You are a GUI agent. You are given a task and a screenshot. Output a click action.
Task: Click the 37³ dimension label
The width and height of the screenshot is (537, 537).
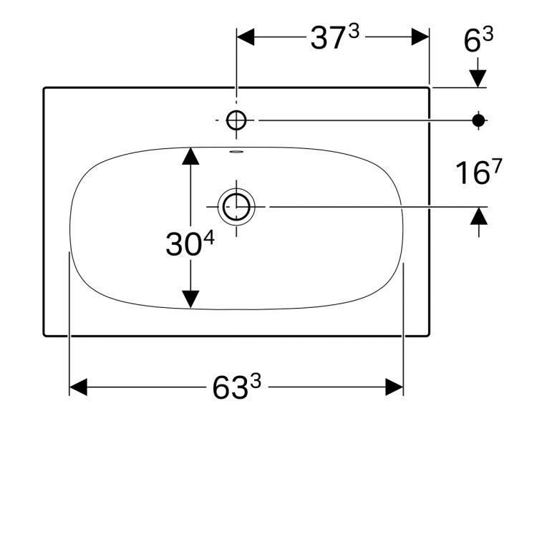point(333,38)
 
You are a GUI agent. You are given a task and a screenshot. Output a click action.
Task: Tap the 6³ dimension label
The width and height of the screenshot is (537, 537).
point(478,41)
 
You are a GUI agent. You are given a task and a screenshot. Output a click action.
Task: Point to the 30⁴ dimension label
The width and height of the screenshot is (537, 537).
point(189,244)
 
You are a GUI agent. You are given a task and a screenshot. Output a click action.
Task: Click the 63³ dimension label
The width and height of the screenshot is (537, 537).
point(236,388)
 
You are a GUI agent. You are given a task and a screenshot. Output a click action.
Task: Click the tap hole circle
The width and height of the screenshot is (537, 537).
point(236,120)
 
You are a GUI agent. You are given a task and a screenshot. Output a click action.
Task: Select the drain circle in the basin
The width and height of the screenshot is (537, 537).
point(236,207)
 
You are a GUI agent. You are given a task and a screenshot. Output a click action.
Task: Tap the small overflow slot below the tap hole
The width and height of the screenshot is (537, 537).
point(236,152)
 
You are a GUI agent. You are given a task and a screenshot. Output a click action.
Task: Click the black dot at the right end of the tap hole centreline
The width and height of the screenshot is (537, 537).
point(478,120)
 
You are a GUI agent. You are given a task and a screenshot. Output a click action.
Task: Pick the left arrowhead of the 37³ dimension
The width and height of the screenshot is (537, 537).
point(246,37)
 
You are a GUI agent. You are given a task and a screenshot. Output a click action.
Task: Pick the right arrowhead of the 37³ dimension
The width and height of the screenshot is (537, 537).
point(420,37)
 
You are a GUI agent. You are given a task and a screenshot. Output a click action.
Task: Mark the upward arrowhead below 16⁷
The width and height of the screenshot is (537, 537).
point(478,216)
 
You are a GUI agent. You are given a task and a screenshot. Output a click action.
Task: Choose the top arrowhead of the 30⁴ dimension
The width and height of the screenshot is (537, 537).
point(190,156)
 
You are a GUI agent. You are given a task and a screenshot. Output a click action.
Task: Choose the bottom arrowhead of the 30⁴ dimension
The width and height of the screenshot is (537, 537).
point(190,299)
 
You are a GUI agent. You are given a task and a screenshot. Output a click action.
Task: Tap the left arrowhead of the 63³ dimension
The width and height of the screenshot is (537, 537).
point(78,387)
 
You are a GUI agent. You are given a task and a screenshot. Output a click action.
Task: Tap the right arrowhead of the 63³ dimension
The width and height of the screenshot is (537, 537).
point(395,387)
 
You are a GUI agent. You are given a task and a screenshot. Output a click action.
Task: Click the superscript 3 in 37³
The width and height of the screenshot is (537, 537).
point(353,32)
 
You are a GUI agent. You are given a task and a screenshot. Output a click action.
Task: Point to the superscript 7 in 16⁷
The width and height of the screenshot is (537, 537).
point(497,166)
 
